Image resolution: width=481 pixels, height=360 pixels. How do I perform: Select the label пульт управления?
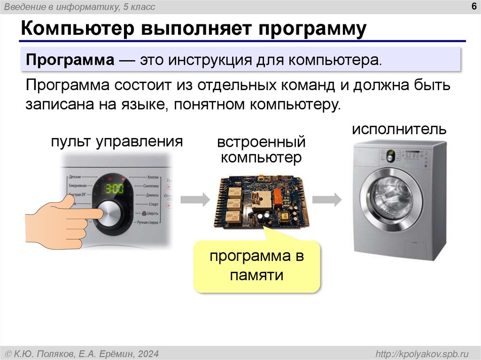pos(117,142)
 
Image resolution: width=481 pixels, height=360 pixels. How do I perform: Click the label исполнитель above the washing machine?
pos(399,129)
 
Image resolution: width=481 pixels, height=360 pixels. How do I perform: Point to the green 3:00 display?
pos(114,189)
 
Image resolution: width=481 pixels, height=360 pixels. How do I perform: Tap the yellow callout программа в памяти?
pos(256,266)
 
